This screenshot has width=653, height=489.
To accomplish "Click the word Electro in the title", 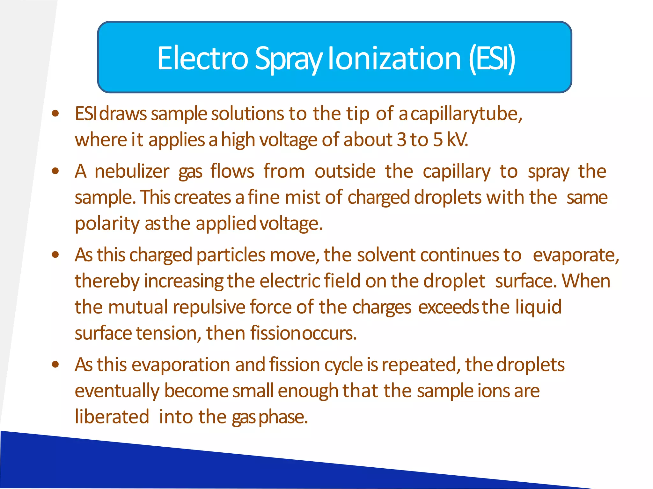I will click(x=202, y=58).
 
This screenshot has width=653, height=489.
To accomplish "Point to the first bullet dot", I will click(x=55, y=113).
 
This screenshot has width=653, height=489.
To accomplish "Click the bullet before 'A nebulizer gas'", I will click(x=55, y=171).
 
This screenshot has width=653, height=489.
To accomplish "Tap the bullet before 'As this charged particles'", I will click(x=55, y=255).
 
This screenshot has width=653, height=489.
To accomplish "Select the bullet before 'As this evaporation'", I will click(x=55, y=364).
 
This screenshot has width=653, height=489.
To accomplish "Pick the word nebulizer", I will click(x=132, y=171).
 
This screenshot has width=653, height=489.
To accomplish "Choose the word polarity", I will click(x=107, y=224).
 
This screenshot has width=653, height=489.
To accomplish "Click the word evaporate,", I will click(x=576, y=255).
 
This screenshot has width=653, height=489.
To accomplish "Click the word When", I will click(x=586, y=281).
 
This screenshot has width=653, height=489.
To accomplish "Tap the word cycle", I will click(x=343, y=365).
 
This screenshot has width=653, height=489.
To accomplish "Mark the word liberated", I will click(x=112, y=417).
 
